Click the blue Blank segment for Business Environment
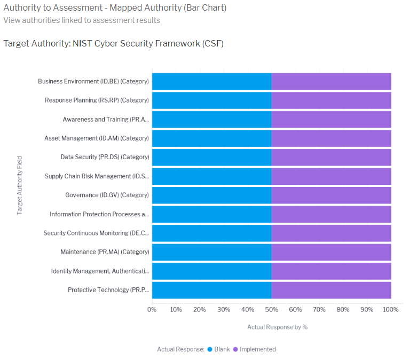(x=211, y=82)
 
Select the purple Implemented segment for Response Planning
(x=331, y=100)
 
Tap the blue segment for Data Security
(x=211, y=157)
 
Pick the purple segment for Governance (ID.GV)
(x=331, y=195)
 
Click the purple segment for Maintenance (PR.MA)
(x=331, y=252)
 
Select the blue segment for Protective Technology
(x=211, y=289)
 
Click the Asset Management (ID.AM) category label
(x=97, y=138)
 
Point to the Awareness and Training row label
(x=106, y=120)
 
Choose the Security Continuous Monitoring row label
(x=96, y=233)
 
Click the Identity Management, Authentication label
(x=100, y=271)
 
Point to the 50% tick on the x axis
(x=272, y=309)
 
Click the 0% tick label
(x=152, y=309)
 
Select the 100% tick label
(x=391, y=309)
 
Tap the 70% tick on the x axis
(x=319, y=309)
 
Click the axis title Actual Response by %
(x=277, y=327)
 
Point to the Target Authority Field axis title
(x=20, y=185)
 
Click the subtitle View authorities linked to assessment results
(x=82, y=20)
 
